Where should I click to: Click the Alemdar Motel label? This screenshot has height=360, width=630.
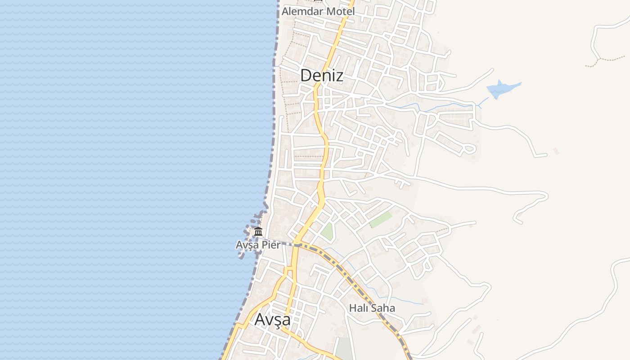pyautogui.click(x=318, y=11)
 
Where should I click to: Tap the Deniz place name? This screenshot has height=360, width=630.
pyautogui.click(x=321, y=75)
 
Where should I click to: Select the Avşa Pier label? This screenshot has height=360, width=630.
pyautogui.click(x=258, y=245)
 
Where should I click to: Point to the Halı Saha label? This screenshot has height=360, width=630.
pyautogui.click(x=372, y=308)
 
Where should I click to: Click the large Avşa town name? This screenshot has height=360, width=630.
pyautogui.click(x=272, y=319)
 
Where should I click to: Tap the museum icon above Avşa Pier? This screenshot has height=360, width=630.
pyautogui.click(x=258, y=232)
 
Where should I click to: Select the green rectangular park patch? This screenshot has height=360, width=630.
pyautogui.click(x=381, y=220)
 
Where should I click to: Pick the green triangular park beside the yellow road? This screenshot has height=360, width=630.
pyautogui.click(x=328, y=231)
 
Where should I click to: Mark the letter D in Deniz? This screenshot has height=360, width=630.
pyautogui.click(x=306, y=75)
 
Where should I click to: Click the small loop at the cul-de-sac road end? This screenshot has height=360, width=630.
pyautogui.click(x=469, y=148)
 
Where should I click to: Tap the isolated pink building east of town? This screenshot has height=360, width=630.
pyautogui.click(x=556, y=151)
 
